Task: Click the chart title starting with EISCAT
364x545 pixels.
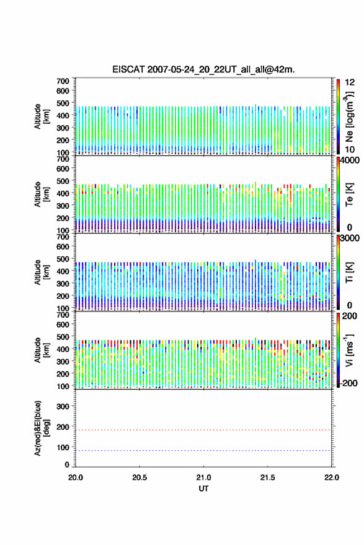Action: tap(203, 69)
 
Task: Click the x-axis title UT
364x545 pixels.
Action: tap(203, 489)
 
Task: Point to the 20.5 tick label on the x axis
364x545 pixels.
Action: tap(140, 477)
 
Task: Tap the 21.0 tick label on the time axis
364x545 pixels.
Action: tap(203, 477)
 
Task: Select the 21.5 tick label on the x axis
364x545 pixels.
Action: tap(268, 477)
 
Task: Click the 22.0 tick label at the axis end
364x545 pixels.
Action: tap(331, 477)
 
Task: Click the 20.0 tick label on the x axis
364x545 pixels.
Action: tap(76, 477)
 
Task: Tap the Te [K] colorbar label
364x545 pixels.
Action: tap(349, 194)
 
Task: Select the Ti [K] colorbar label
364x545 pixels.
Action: tap(349, 272)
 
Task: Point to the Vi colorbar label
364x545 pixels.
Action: tap(349, 351)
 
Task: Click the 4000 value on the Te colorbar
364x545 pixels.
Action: tap(350, 160)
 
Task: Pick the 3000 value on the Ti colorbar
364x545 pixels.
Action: tap(350, 238)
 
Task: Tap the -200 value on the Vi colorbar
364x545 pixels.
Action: tap(348, 383)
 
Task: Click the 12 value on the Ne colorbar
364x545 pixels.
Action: tap(350, 82)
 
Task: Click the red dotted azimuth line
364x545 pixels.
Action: tap(203, 430)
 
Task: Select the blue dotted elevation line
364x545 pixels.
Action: tap(203, 450)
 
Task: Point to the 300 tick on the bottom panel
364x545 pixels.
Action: tap(63, 406)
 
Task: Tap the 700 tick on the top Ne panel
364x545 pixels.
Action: tap(63, 81)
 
